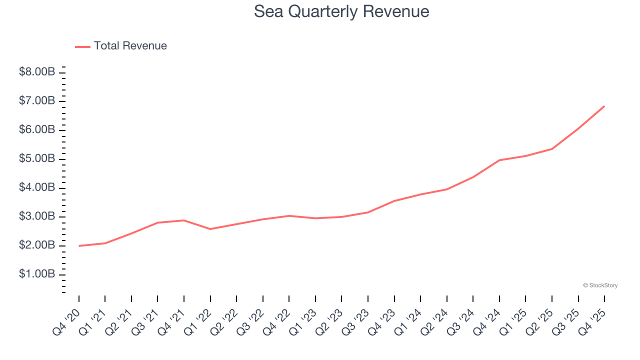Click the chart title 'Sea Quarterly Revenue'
341,11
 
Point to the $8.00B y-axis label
37,72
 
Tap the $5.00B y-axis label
37,158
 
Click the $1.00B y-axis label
37,274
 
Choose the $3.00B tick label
37,216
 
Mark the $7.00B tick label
37,101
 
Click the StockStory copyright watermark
600,285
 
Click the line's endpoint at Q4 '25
604,106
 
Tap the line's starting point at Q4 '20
79,246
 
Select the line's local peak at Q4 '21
184,220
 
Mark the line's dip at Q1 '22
210,229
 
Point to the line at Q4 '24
499,160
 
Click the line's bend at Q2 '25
552,149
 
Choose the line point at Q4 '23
394,201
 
